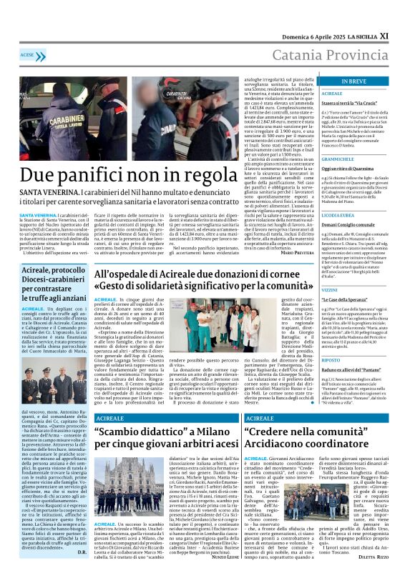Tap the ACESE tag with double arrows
pos(28,54)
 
